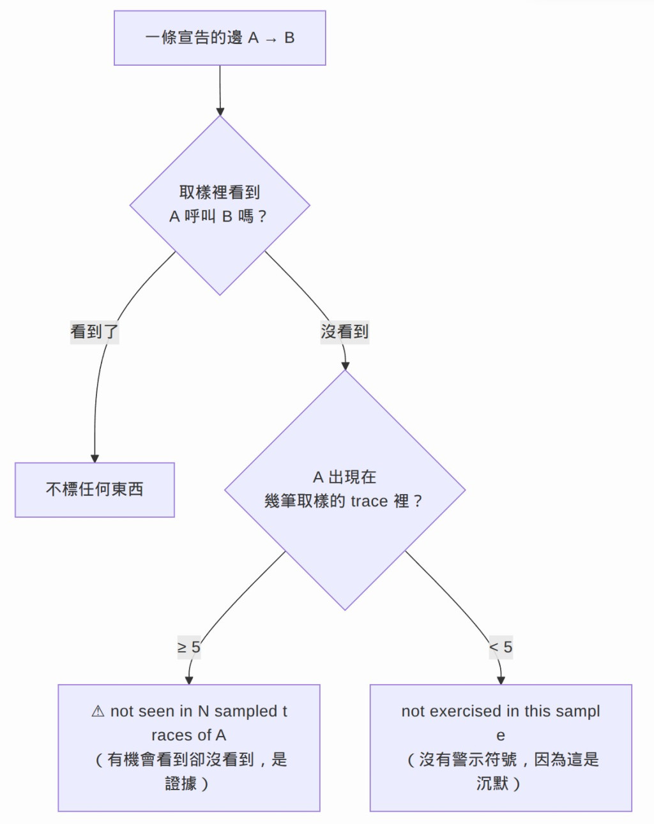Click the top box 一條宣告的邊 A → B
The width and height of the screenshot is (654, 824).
220,38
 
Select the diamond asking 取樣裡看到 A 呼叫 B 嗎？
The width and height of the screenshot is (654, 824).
220,206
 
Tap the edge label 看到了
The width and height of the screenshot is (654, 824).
95,332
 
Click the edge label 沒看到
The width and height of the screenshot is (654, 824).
344,332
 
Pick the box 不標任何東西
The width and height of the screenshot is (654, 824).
95,490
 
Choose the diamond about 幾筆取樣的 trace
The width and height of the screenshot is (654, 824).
345,490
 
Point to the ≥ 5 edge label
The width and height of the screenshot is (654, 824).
189,647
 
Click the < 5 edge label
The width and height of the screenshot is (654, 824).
501,647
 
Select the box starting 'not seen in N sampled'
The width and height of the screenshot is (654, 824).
189,748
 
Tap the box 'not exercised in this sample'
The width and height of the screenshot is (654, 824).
501,748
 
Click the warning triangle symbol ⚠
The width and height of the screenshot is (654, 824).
98,712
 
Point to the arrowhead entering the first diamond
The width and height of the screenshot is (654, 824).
220,112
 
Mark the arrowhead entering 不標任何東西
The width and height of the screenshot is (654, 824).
95,459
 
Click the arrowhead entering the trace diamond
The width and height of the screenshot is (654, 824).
345,366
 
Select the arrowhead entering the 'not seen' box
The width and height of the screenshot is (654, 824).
189,680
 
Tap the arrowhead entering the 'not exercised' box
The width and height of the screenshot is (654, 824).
501,680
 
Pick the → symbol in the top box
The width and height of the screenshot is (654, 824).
271,40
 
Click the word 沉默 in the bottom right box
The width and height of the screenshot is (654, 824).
492,783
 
